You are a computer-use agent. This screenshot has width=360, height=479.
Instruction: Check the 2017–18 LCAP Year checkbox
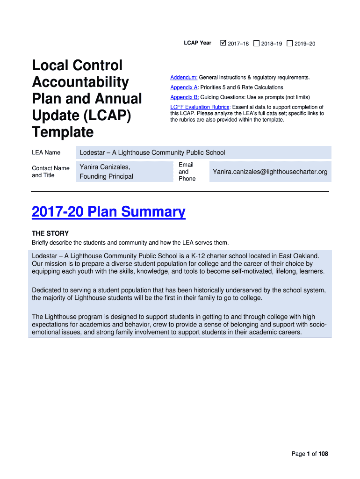coord(223,44)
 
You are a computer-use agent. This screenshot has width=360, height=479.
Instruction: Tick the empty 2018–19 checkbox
coord(256,44)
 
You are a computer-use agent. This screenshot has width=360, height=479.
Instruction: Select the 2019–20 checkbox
coord(290,44)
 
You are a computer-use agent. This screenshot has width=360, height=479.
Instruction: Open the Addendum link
coord(184,77)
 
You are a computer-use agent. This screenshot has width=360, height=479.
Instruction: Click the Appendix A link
coord(184,87)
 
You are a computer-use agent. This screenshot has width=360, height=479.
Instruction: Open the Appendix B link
coord(184,97)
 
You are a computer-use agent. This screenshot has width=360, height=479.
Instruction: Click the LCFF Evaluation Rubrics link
coord(200,107)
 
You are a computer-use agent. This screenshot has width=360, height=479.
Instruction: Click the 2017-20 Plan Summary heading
coord(108,212)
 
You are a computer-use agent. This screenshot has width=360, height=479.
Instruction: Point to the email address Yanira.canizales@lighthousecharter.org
coord(270,172)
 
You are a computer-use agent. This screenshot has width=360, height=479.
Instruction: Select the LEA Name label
coord(46,152)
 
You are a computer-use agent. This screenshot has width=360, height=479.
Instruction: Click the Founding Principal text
coord(106,176)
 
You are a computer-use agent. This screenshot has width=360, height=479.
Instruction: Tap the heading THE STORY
coord(50,233)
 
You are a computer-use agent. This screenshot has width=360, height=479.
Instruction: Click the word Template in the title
coord(63,132)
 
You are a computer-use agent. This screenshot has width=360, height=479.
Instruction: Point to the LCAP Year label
coord(197,43)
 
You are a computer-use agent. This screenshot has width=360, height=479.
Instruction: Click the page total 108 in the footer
coord(323,454)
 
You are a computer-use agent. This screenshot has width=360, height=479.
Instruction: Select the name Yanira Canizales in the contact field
coord(105,167)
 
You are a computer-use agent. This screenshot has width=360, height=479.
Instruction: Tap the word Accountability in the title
coord(80,82)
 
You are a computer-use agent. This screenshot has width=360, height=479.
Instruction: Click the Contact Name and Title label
coord(50,172)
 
